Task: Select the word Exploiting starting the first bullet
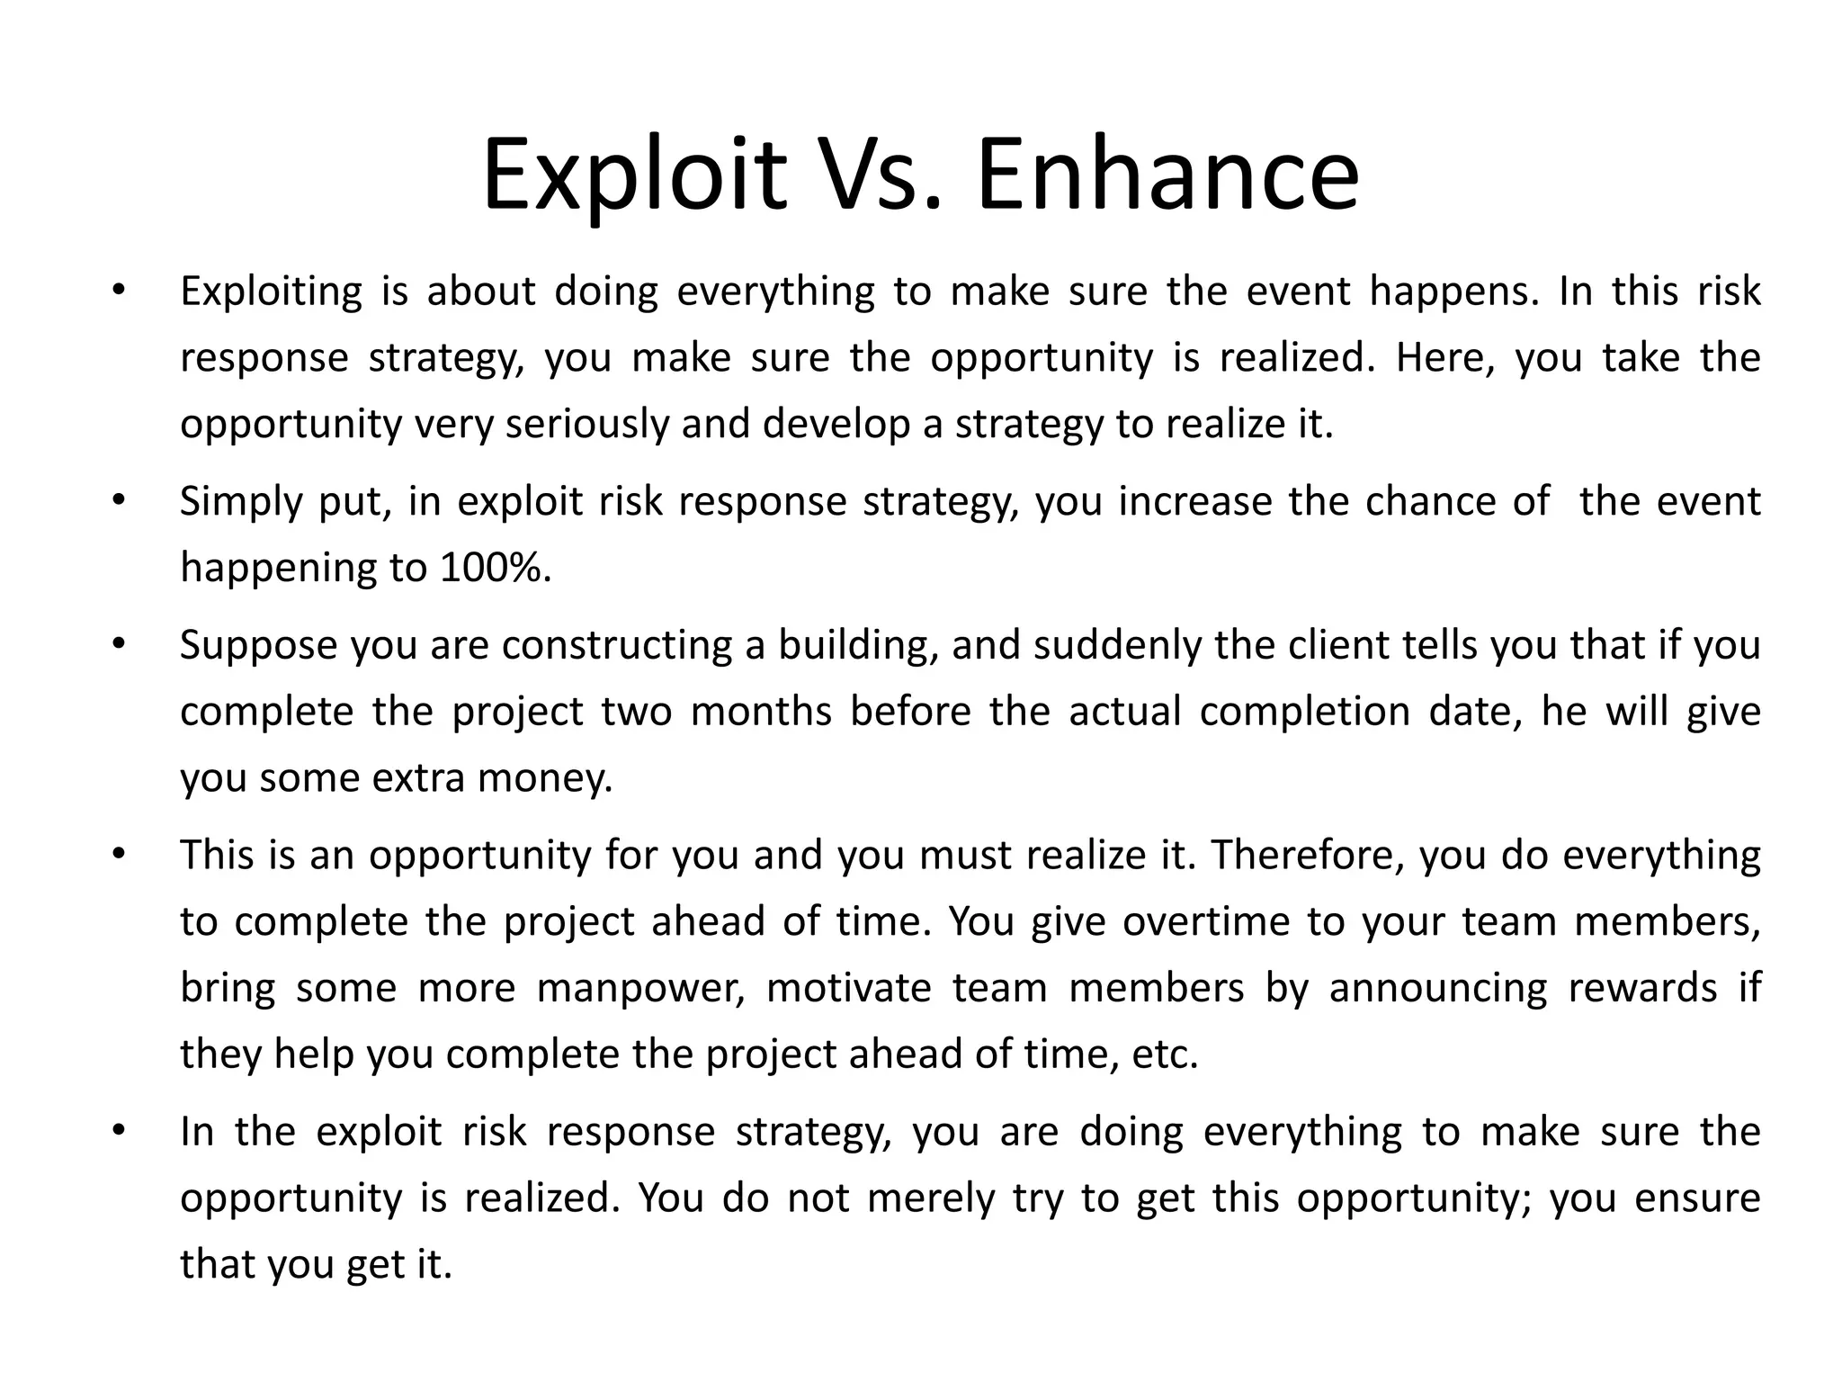click(271, 292)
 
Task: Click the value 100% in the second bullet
click(494, 568)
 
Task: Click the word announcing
click(1438, 988)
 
